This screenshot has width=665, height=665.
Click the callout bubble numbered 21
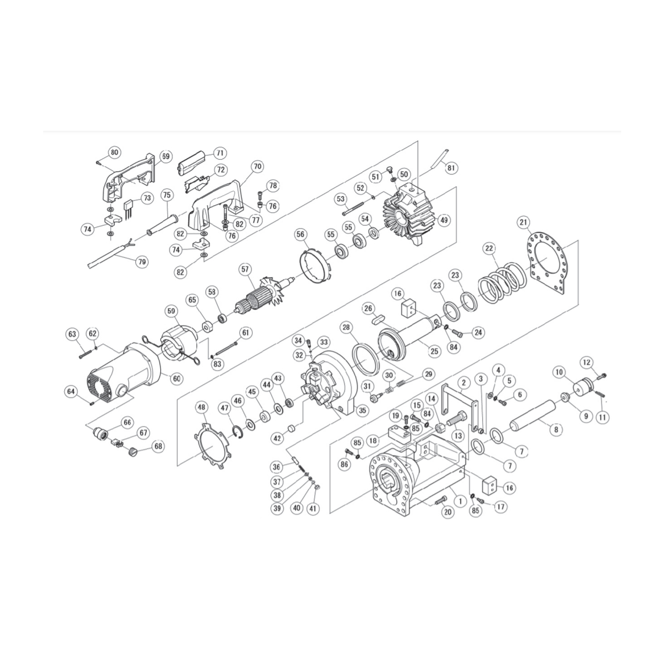point(523,222)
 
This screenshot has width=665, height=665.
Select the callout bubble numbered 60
point(176,379)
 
